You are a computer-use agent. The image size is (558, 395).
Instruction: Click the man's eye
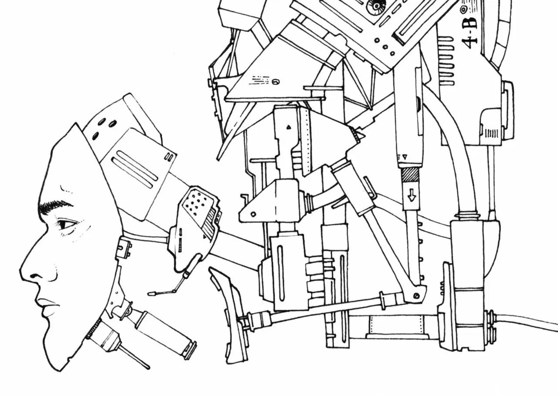point(67,224)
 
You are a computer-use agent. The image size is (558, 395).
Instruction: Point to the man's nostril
point(34,276)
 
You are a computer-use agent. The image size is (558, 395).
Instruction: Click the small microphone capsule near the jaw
point(151,294)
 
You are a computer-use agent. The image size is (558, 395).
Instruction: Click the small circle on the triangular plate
point(275,82)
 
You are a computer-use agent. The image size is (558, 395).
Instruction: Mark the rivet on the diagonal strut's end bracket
point(416,296)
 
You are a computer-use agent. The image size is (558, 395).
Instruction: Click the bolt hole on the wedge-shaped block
point(253,214)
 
